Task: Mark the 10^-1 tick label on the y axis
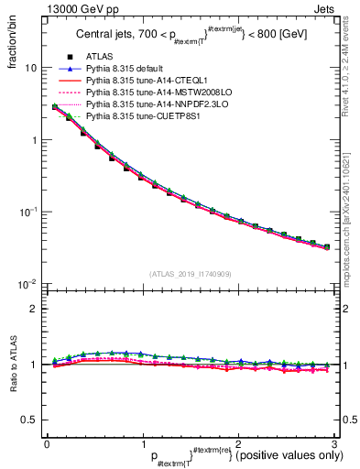[x=29, y=212]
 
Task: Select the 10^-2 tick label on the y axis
[x=29, y=284]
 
